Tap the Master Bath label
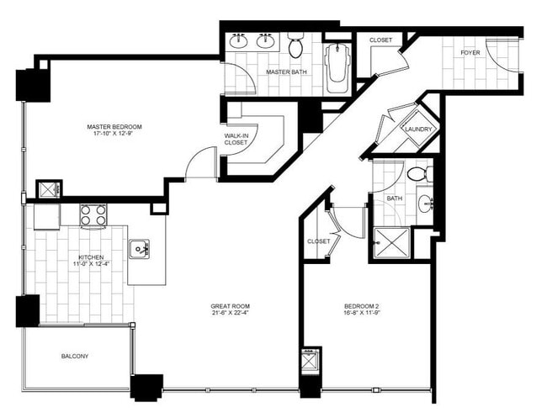coord(286,72)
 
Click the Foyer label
coord(470,53)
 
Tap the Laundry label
coord(418,130)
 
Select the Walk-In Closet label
coord(236,139)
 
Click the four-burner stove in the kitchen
coord(92,216)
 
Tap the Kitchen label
coord(91,257)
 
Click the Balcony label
coord(75,356)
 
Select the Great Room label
coord(230,305)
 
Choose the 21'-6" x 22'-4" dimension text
coord(230,314)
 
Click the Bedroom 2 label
coord(364,305)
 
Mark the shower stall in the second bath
coord(390,242)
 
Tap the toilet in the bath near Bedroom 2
coord(417,174)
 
